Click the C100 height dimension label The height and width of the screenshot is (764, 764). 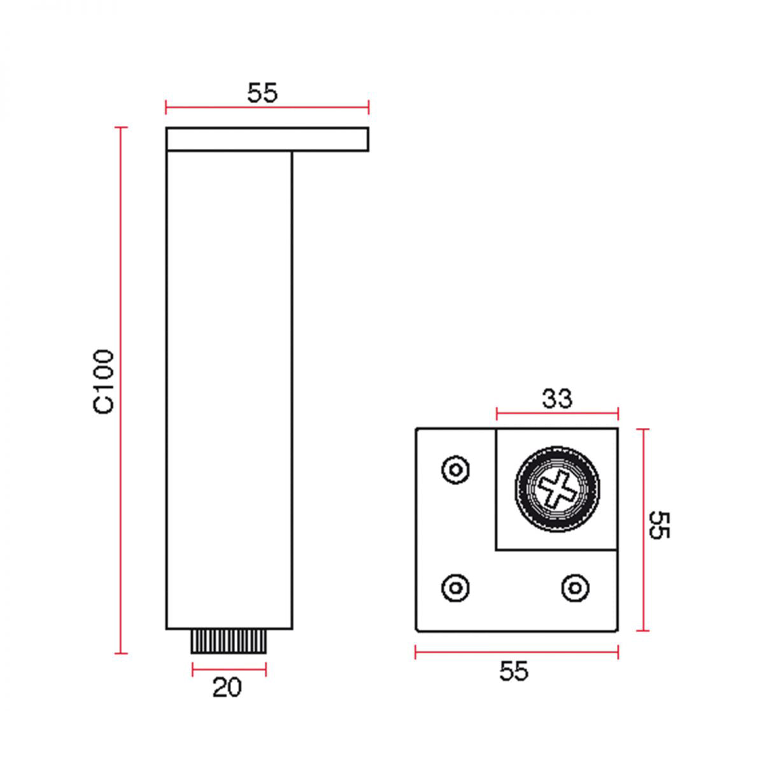(x=103, y=381)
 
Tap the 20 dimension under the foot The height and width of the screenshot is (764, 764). (x=227, y=688)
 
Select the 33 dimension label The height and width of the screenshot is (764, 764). (x=557, y=399)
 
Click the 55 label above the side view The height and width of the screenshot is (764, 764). (x=262, y=94)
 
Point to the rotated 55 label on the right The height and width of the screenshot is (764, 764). (x=660, y=525)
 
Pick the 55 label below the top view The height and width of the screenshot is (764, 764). (x=514, y=671)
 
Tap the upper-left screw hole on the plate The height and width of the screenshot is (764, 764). (x=455, y=470)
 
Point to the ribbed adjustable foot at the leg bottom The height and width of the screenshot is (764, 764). (x=229, y=641)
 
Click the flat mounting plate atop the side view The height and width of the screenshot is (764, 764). (x=267, y=139)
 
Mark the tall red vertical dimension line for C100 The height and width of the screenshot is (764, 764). (x=120, y=390)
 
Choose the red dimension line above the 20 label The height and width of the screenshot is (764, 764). (x=229, y=668)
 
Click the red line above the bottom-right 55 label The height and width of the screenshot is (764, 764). (x=516, y=652)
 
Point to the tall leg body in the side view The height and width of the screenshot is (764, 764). (x=229, y=390)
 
